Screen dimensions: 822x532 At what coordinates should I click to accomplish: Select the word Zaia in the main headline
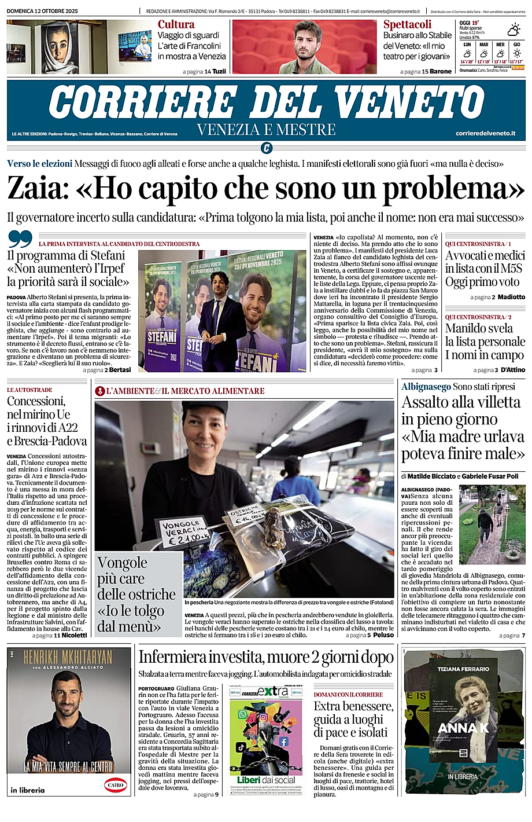(x=36, y=188)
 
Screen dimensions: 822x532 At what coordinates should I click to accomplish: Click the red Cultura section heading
(x=176, y=24)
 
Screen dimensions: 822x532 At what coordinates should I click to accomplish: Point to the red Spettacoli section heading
(x=407, y=24)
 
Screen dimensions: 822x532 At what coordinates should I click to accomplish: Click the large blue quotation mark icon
(x=21, y=239)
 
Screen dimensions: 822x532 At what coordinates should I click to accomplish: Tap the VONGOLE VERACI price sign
(x=183, y=532)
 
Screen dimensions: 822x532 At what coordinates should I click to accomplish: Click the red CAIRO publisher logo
(x=114, y=785)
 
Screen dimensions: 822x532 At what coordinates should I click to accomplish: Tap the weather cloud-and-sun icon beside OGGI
(x=513, y=30)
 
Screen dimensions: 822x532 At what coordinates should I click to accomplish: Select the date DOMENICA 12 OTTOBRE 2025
(x=43, y=11)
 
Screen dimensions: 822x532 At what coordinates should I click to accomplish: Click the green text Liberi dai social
(x=266, y=780)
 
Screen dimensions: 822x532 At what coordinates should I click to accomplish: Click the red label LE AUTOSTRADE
(x=29, y=390)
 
